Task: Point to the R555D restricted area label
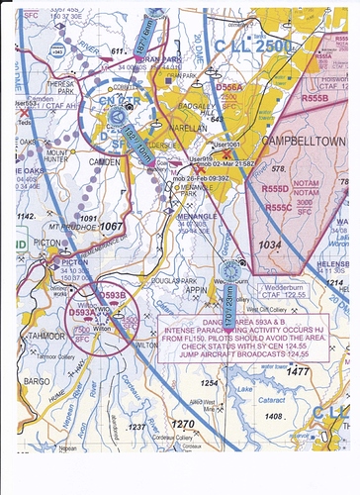tap(277, 187)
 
